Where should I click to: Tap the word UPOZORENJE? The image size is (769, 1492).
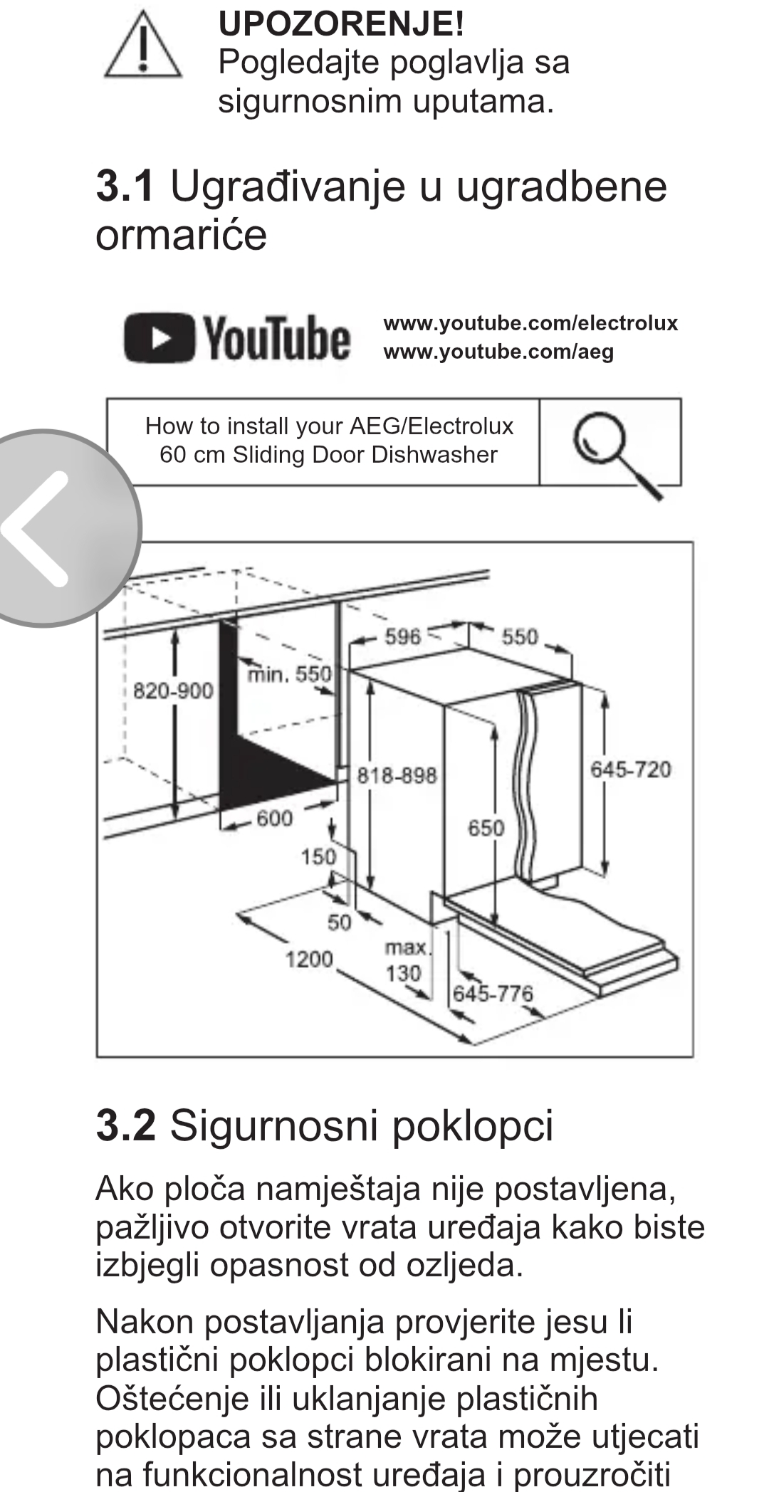point(341,24)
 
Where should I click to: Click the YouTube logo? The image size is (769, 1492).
point(237,339)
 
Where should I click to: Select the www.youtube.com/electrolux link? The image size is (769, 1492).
point(530,323)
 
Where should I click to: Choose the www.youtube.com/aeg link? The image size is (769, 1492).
point(498,352)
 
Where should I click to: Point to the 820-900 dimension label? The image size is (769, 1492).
point(173,690)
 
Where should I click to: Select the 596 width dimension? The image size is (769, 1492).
point(403,636)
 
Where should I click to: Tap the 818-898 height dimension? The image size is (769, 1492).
point(397,775)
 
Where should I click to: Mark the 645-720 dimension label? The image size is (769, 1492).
point(630,769)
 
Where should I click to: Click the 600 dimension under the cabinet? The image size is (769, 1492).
point(274,819)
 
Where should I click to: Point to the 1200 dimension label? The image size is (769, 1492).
point(309,960)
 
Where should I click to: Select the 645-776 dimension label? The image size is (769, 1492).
point(493,993)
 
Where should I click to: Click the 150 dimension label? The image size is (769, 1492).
point(318,856)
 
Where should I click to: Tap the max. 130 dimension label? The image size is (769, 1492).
point(406,960)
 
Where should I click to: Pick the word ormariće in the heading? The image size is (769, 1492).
point(181,234)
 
